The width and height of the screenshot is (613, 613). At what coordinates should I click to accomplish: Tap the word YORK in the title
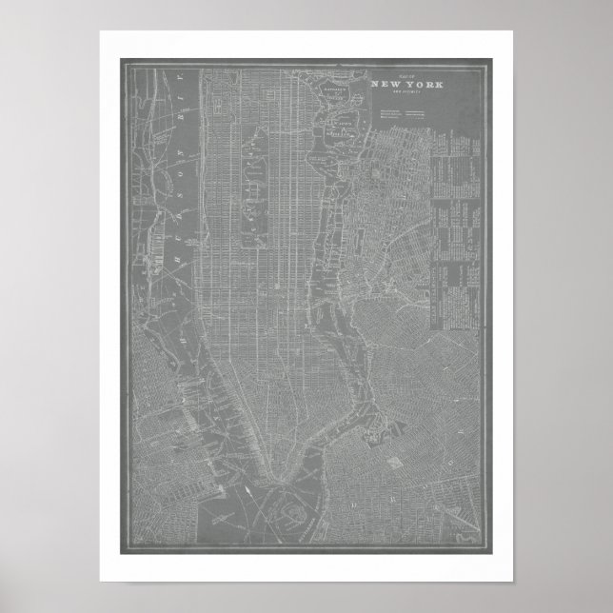412,85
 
